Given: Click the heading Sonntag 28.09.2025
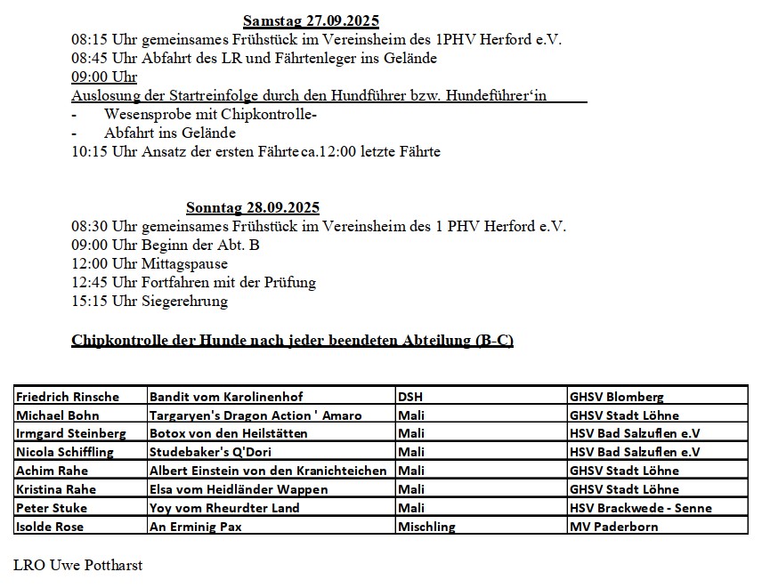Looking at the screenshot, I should coord(253,208).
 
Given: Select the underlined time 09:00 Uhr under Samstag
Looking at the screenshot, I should coord(104,77).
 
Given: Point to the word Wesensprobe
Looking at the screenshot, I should coord(142,115).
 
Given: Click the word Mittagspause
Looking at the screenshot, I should coord(184,264).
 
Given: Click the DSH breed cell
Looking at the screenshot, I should coord(411,397).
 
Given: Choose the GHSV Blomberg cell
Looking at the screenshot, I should coord(616,397).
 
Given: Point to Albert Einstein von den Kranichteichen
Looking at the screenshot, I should coord(268,471).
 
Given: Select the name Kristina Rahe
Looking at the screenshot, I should coord(55,489).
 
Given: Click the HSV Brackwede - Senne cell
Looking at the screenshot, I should coord(641,508).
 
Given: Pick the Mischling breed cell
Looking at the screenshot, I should coord(426,527).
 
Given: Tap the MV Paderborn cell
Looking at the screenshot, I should coord(613,527).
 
